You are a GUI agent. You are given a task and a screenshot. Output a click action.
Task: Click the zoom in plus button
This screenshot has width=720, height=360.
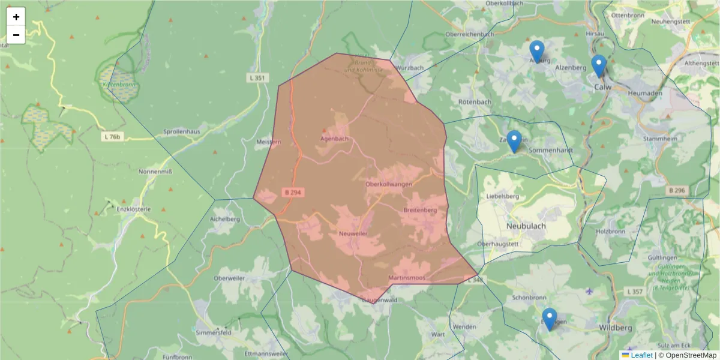pos(16,17)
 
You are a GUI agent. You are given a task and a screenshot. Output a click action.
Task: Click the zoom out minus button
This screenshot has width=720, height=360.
pos(16,35)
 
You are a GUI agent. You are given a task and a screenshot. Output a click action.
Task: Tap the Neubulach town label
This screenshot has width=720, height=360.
pos(526,226)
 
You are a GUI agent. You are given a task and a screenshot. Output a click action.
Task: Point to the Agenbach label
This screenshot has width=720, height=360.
pos(334,139)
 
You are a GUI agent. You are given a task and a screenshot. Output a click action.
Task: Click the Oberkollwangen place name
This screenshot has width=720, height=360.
pos(388,184)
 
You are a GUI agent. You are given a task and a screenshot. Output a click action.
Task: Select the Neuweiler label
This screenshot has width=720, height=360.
pos(353,233)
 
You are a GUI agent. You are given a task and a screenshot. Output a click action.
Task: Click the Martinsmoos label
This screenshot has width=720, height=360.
pos(406,278)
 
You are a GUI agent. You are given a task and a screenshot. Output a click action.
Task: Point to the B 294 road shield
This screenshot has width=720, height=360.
pos(293,192)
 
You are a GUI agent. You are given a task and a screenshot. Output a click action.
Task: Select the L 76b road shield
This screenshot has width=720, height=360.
pos(110,137)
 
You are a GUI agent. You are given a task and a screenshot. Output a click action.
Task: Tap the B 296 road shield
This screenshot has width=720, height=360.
pos(676,190)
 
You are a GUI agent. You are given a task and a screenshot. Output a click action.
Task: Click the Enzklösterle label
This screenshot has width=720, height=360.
pos(134,209)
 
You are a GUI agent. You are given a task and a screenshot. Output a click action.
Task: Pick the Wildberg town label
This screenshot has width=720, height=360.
pos(616,328)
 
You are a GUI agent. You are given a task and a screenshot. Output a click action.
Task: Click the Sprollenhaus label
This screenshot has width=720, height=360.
pos(181,131)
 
